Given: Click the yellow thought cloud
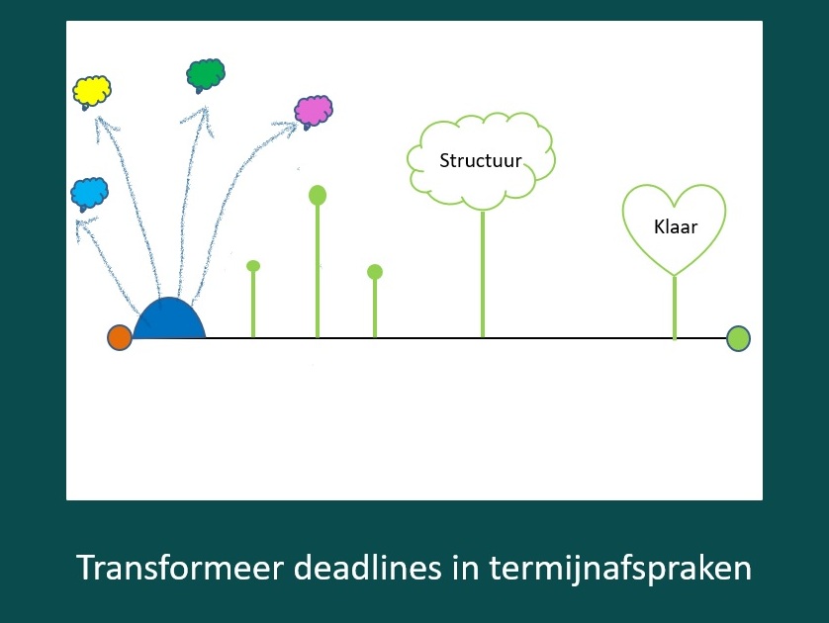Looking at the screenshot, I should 91,91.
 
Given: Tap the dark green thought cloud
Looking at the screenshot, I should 206,73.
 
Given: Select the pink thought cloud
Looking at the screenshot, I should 314,110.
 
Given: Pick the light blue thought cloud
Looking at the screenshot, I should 89,192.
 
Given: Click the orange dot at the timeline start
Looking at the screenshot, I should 120,337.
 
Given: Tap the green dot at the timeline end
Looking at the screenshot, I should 738,338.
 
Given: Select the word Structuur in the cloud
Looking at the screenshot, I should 481,160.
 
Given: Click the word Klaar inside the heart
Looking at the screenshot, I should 676,226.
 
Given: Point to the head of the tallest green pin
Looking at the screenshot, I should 318,195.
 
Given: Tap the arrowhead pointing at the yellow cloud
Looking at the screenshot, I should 100,120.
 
